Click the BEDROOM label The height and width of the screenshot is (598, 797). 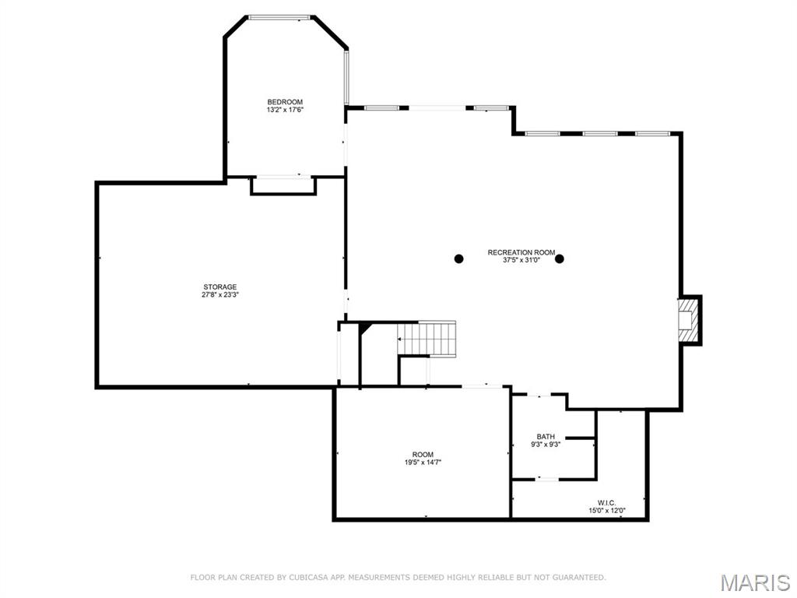(x=285, y=102)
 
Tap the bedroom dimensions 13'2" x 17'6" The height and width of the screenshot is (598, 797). (x=285, y=110)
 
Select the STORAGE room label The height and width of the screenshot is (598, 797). (x=220, y=287)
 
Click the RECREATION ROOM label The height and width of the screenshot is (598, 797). (x=521, y=253)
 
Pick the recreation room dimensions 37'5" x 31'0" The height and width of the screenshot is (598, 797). (x=521, y=260)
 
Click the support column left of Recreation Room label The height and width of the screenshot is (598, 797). (x=459, y=259)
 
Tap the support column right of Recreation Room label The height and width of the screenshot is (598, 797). (x=560, y=259)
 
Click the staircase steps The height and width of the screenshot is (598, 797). (x=427, y=338)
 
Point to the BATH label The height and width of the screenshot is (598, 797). (x=546, y=437)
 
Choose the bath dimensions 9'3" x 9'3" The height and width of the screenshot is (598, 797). (x=546, y=445)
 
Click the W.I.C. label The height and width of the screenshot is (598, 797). (x=607, y=503)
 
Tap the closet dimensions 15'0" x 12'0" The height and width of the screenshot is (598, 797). (x=607, y=511)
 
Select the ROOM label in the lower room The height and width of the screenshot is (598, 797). (x=423, y=455)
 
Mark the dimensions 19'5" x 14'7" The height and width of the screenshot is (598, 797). (x=423, y=463)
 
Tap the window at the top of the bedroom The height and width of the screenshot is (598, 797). (x=279, y=17)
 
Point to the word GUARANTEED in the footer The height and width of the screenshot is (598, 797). (x=579, y=577)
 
